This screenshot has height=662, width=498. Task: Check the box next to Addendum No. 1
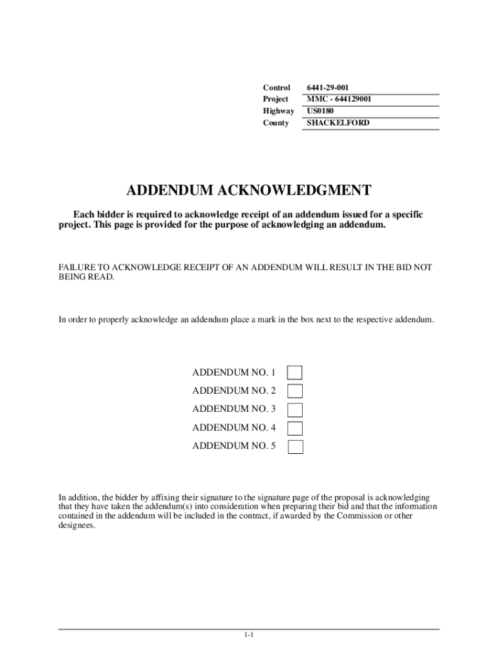coord(295,373)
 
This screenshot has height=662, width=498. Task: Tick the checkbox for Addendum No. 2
coord(295,391)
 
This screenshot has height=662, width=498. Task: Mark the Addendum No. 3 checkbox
coord(295,409)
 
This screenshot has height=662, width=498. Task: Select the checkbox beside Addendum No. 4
coord(295,428)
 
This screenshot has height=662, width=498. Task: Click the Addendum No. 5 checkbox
coord(295,446)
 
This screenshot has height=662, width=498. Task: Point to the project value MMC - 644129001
coord(338,99)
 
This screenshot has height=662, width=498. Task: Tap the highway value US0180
coord(320,111)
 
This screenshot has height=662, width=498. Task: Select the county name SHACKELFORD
coord(338,122)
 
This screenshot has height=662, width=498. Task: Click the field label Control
coord(276,87)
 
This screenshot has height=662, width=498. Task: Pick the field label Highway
coord(278,111)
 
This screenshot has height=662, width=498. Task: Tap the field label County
coord(276,122)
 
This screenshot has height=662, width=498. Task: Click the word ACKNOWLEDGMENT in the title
coord(295,190)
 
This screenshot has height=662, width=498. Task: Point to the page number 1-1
coord(248,635)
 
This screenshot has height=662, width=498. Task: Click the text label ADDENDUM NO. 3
coord(233,409)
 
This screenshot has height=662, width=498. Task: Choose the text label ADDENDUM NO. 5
coord(233,445)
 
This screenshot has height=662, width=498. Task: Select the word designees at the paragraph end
coord(76,526)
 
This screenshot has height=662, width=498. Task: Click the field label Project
coord(276,99)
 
